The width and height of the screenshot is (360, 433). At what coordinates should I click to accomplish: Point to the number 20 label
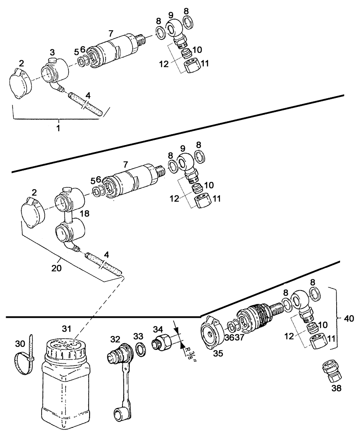pyautogui.click(x=57, y=268)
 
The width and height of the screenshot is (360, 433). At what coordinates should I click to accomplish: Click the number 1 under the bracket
pyautogui.click(x=58, y=128)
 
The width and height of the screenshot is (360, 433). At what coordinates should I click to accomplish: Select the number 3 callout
pyautogui.click(x=52, y=52)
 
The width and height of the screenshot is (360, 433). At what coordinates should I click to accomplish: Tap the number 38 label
pyautogui.click(x=337, y=388)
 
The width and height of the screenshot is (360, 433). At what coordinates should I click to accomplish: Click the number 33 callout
pyautogui.click(x=138, y=336)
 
